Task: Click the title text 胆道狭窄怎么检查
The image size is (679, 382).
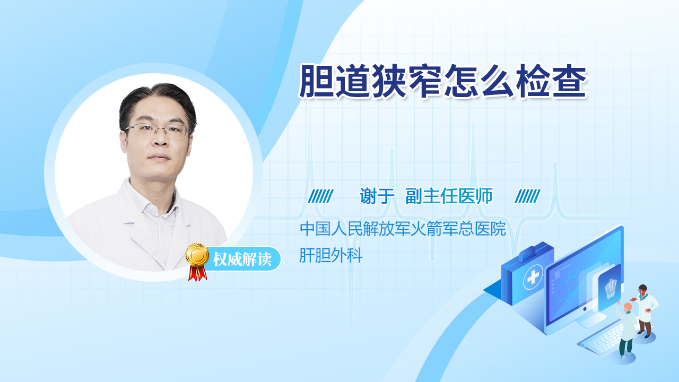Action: point(442,81)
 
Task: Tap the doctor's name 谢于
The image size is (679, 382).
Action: point(377,196)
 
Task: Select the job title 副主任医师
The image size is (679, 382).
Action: point(449,196)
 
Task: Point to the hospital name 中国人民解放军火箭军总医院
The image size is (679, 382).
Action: point(403,229)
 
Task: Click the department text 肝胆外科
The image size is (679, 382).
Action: point(330,255)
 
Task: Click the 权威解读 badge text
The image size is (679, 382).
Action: point(242,259)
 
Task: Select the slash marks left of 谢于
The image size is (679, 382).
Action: point(320,196)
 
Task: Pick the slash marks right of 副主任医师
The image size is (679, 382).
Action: point(527,196)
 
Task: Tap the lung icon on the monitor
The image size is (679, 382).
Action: point(611,288)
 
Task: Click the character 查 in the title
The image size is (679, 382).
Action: point(569,81)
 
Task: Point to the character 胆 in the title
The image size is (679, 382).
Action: point(317,81)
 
